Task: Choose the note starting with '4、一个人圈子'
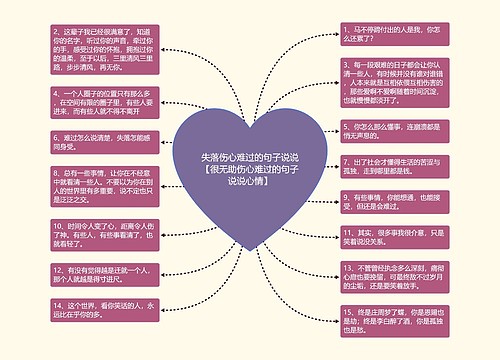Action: click(x=100, y=103)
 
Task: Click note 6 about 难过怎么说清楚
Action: click(x=100, y=142)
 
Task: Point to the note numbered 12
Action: click(x=100, y=274)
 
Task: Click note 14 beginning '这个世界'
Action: click(x=100, y=309)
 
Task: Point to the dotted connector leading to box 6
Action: click(x=161, y=147)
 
